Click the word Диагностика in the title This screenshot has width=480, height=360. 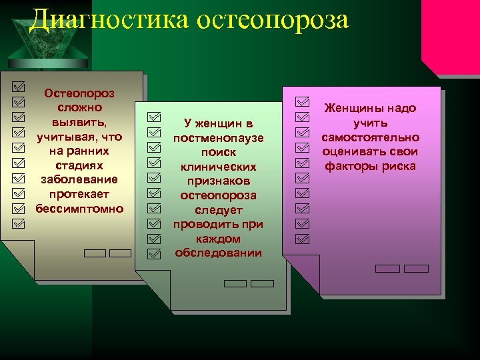(110, 20)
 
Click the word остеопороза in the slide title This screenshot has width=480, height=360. (273, 20)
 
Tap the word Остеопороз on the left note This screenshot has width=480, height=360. (79, 93)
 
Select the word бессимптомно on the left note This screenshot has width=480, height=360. (79, 208)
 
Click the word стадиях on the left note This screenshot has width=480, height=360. (79, 165)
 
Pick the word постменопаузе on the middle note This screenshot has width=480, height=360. (219, 138)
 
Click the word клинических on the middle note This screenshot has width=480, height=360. (219, 167)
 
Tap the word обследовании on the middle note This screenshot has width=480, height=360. (219, 253)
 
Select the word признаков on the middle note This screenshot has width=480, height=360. (219, 181)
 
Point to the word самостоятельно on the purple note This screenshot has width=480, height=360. (370, 137)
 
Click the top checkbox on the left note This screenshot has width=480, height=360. (19, 87)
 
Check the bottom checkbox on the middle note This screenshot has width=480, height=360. (154, 253)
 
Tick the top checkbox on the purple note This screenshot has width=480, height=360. (303, 101)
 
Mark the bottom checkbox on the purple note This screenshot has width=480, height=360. (303, 237)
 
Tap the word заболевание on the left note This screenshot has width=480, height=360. (79, 179)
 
